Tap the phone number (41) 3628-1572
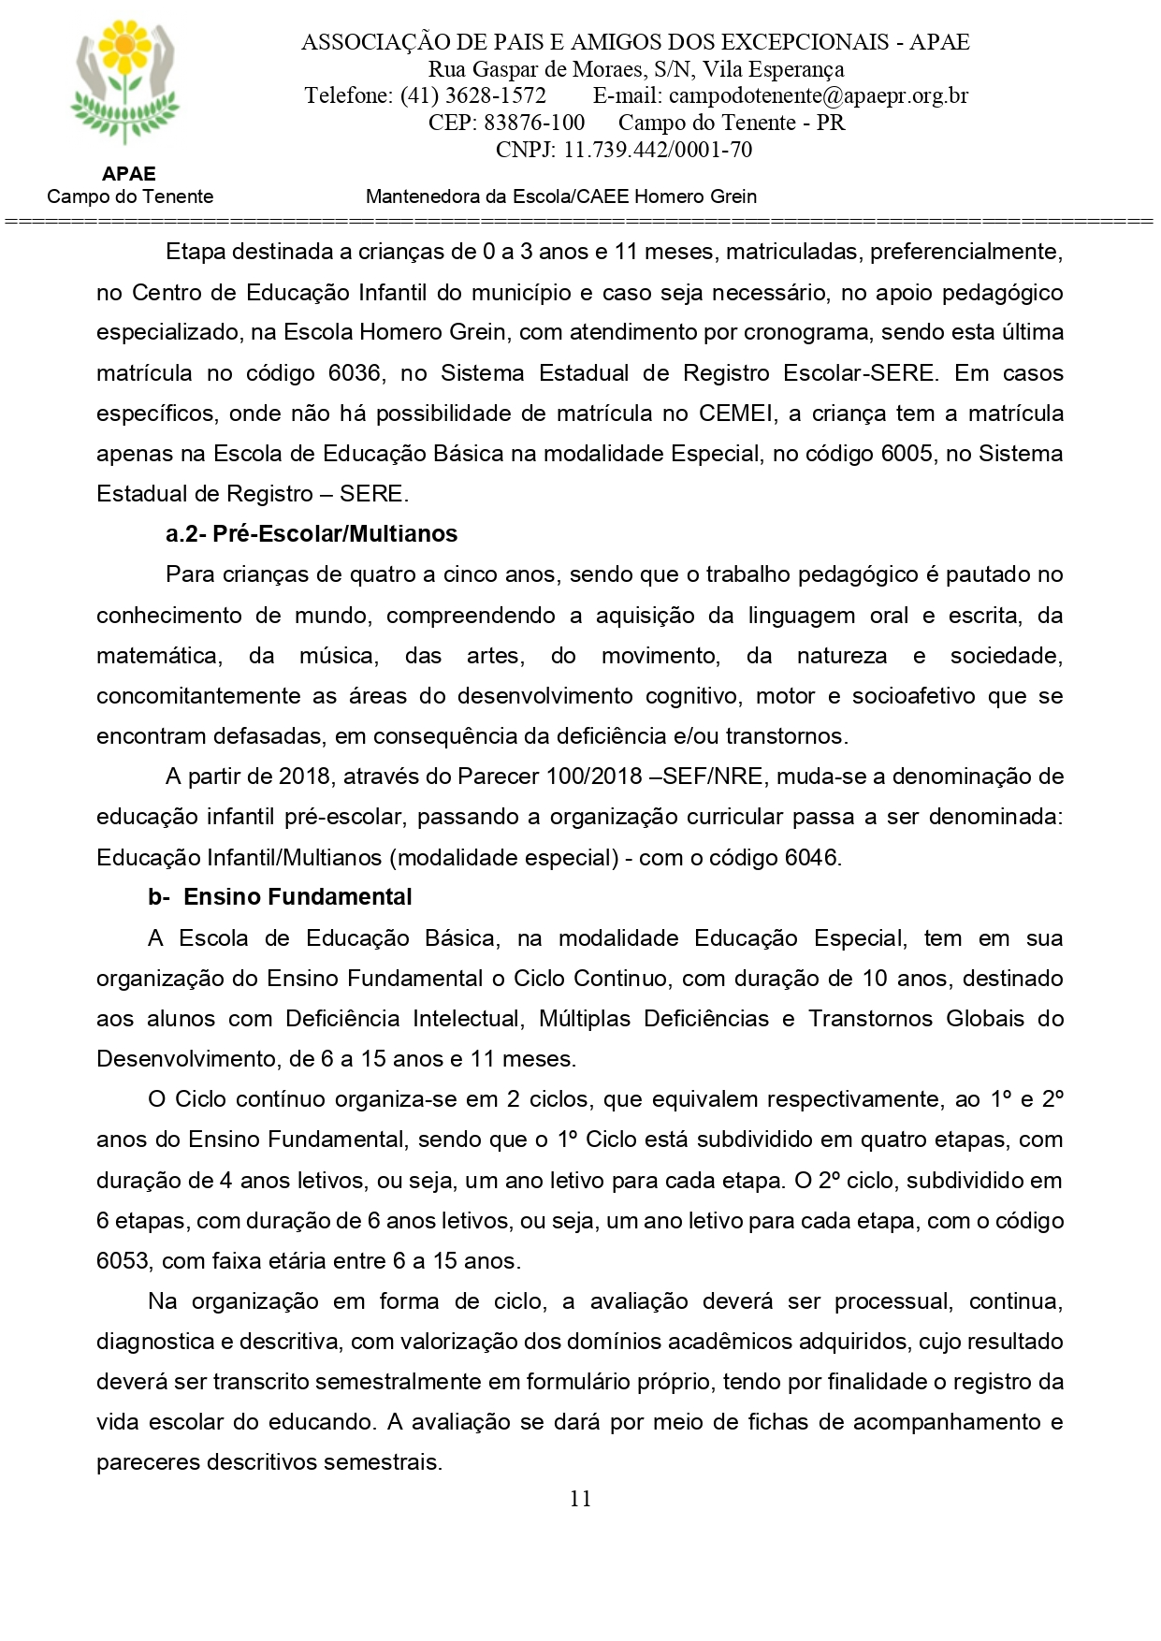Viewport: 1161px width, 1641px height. [473, 95]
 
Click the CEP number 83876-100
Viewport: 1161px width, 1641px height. [534, 123]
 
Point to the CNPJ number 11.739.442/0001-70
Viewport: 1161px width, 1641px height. [658, 150]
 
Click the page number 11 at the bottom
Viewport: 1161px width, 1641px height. [580, 1499]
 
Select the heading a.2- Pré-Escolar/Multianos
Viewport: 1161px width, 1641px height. [312, 534]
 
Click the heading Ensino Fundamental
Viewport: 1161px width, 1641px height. [298, 897]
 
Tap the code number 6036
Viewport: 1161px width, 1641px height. [355, 373]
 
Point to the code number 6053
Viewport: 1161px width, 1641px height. [123, 1261]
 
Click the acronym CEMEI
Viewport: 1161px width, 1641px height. [738, 414]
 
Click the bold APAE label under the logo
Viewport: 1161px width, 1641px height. [129, 174]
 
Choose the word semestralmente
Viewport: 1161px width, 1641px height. [438, 1382]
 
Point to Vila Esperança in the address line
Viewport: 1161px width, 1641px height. [773, 69]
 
